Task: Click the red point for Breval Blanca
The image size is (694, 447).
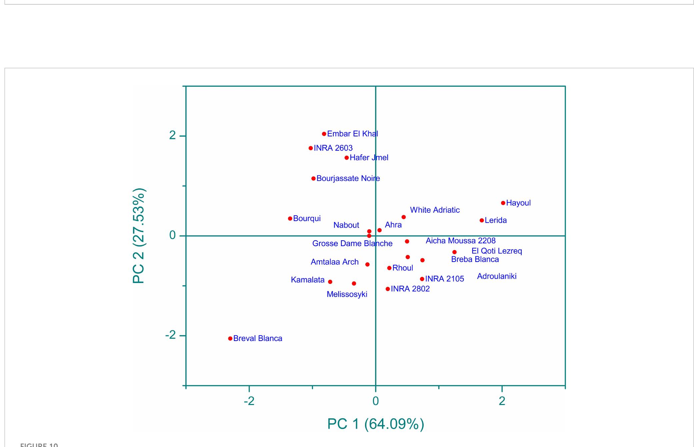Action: pyautogui.click(x=230, y=338)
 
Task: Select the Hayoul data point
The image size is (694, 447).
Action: pyautogui.click(x=503, y=203)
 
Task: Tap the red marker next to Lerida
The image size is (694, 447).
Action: pyautogui.click(x=482, y=220)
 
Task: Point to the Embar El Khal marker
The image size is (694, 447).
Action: pyautogui.click(x=324, y=134)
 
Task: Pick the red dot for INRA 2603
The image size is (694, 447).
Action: pyautogui.click(x=311, y=148)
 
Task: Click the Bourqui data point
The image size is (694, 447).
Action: pyautogui.click(x=290, y=219)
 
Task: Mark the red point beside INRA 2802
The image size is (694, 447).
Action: pyautogui.click(x=388, y=289)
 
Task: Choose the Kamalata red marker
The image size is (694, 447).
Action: pyautogui.click(x=330, y=282)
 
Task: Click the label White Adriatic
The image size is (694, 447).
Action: pyautogui.click(x=435, y=210)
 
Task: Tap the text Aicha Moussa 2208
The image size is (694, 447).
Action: pyautogui.click(x=460, y=241)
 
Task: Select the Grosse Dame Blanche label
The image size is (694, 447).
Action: pyautogui.click(x=352, y=244)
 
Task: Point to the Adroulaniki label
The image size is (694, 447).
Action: pyautogui.click(x=497, y=276)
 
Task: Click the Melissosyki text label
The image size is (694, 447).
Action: pyautogui.click(x=347, y=294)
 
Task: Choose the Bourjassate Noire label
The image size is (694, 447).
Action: pyautogui.click(x=348, y=178)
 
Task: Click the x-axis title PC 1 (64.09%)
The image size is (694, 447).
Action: pyautogui.click(x=376, y=424)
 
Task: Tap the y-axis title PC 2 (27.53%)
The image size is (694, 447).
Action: pyautogui.click(x=139, y=236)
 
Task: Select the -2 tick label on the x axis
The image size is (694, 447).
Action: pyautogui.click(x=249, y=401)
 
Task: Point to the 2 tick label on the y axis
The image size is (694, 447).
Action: pyautogui.click(x=172, y=135)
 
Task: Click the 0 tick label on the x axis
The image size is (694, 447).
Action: pyautogui.click(x=375, y=401)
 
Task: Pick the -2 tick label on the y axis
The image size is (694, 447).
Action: pyautogui.click(x=171, y=335)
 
